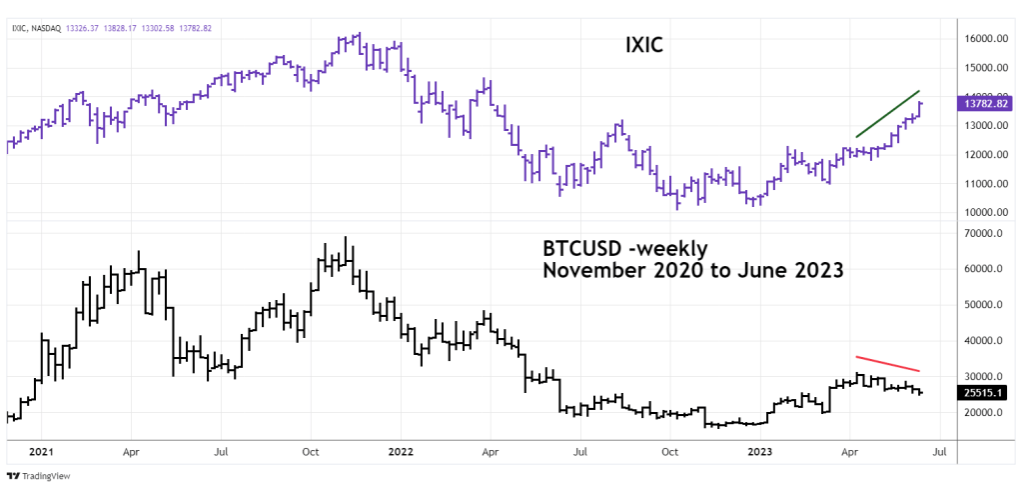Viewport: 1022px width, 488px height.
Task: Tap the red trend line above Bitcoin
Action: [x=887, y=363]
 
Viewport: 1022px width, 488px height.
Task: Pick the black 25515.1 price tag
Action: [x=985, y=393]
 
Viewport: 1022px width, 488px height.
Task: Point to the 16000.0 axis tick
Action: [x=985, y=39]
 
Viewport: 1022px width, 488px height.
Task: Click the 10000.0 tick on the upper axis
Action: [x=985, y=212]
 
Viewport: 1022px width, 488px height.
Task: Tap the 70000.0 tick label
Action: [x=985, y=233]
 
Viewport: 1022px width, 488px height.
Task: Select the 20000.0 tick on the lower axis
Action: [x=985, y=412]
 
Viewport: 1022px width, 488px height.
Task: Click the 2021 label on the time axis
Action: [x=41, y=451]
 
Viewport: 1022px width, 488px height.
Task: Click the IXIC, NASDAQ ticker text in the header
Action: [x=35, y=28]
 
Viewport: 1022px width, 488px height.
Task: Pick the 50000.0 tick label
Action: [x=985, y=305]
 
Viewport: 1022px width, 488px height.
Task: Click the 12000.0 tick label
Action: [x=985, y=155]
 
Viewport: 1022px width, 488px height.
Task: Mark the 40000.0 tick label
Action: [x=985, y=341]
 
